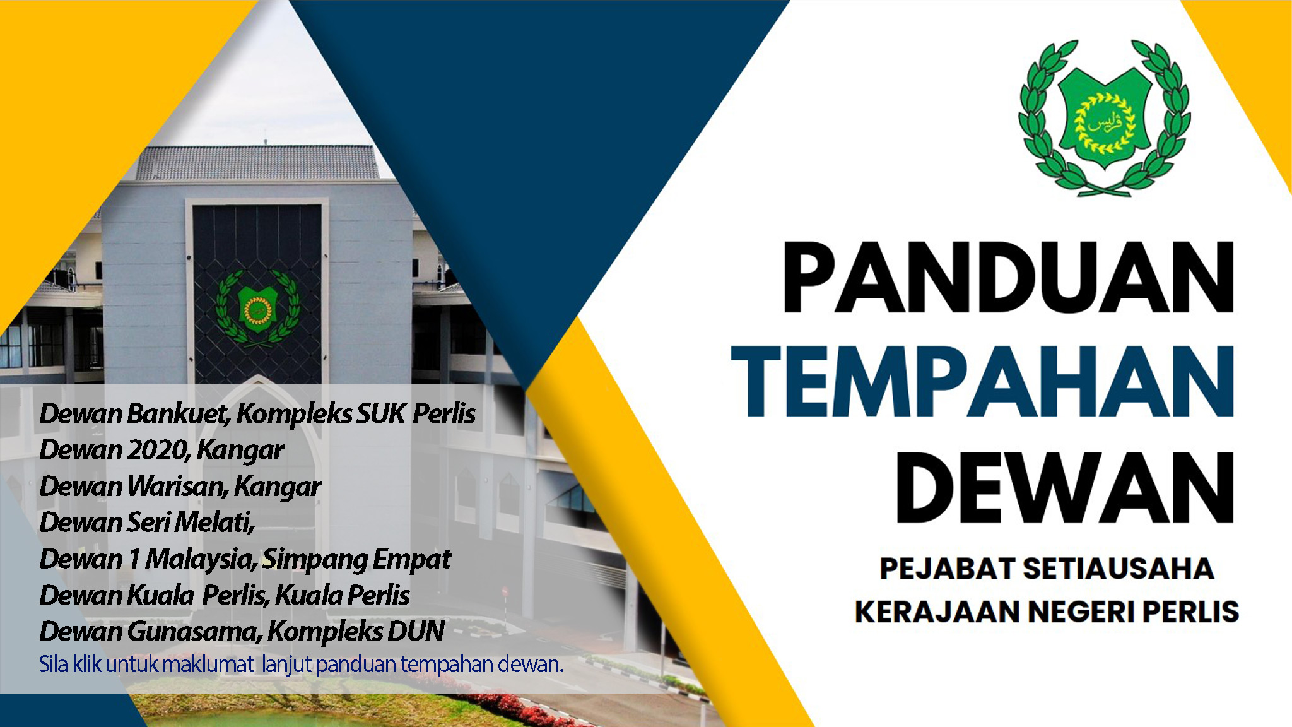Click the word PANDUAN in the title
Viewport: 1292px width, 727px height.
[1008, 277]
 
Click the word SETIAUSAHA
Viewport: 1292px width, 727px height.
[1118, 569]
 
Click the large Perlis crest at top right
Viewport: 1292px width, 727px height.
[1104, 118]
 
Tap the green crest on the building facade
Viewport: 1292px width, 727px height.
[257, 308]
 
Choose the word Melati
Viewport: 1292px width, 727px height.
[214, 523]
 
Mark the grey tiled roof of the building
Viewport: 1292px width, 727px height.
[259, 163]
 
